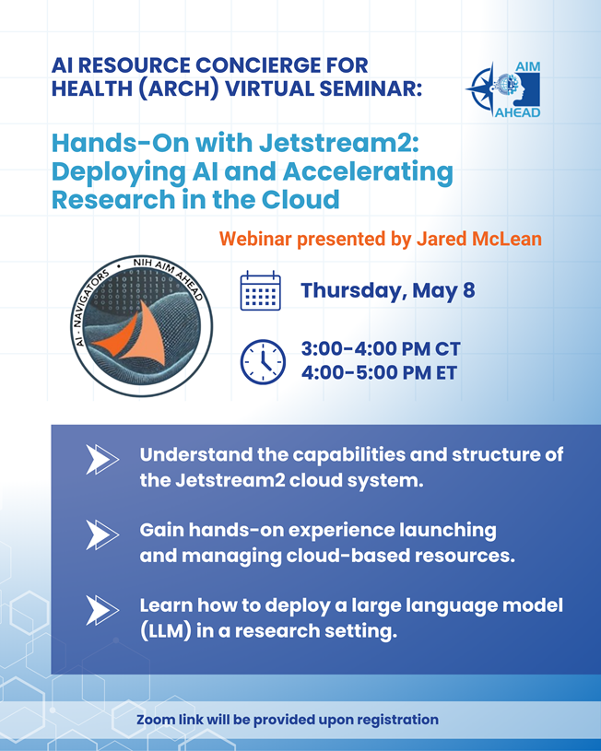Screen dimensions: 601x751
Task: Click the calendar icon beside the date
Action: [x=260, y=291]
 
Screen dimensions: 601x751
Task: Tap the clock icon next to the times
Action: [x=263, y=361]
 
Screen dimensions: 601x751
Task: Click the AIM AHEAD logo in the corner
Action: [x=503, y=89]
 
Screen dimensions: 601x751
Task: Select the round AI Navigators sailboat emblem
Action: [x=141, y=325]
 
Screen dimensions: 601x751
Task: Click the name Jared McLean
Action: [x=478, y=239]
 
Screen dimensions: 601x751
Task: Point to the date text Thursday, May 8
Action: [x=388, y=291]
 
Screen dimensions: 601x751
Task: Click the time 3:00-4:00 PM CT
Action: [x=381, y=348]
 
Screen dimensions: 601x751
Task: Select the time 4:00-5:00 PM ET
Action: [x=379, y=372]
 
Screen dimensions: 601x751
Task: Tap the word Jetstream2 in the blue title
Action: [x=339, y=143]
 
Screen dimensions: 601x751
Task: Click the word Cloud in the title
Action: [x=300, y=199]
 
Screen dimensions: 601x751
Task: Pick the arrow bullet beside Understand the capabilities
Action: [x=102, y=459]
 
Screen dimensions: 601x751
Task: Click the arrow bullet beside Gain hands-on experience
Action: [x=102, y=535]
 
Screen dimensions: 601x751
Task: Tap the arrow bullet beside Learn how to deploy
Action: [x=102, y=610]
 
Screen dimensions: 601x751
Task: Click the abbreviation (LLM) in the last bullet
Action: [x=165, y=631]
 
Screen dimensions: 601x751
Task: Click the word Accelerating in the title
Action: [x=368, y=171]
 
